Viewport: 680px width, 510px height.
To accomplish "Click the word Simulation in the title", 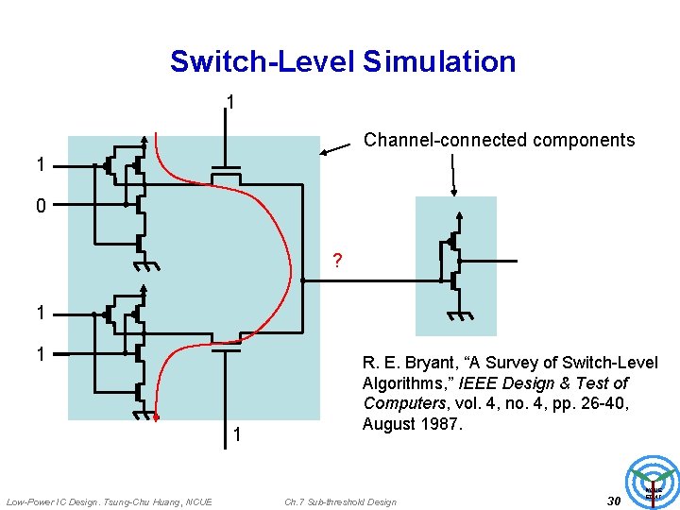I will [439, 62].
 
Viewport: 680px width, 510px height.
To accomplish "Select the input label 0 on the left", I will [41, 205].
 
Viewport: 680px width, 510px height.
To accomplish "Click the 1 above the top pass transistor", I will [229, 102].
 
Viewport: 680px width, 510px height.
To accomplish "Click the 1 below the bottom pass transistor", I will [237, 435].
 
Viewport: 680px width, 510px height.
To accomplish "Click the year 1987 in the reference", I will [440, 424].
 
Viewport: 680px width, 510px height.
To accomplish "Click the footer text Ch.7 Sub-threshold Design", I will [340, 501].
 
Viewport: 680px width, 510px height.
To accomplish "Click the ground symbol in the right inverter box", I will [460, 314].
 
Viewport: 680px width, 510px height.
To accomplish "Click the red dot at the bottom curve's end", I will [158, 416].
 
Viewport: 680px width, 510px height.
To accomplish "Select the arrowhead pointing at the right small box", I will [455, 192].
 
